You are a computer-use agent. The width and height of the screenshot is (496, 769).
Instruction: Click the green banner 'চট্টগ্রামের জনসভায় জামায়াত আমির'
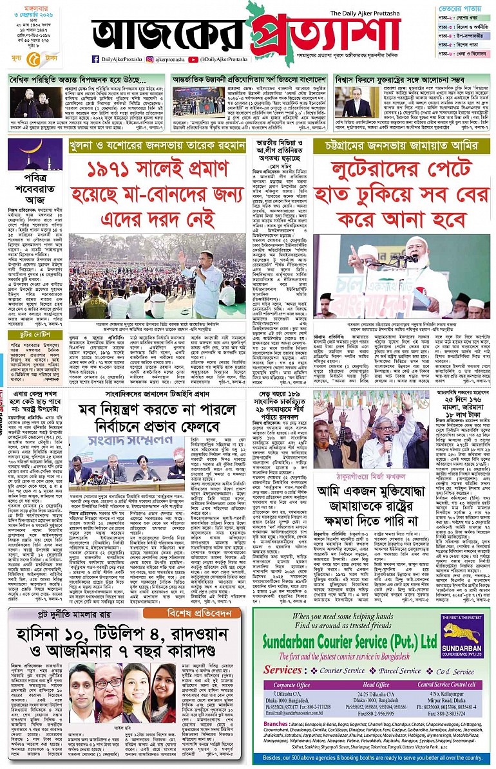tap(401, 146)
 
